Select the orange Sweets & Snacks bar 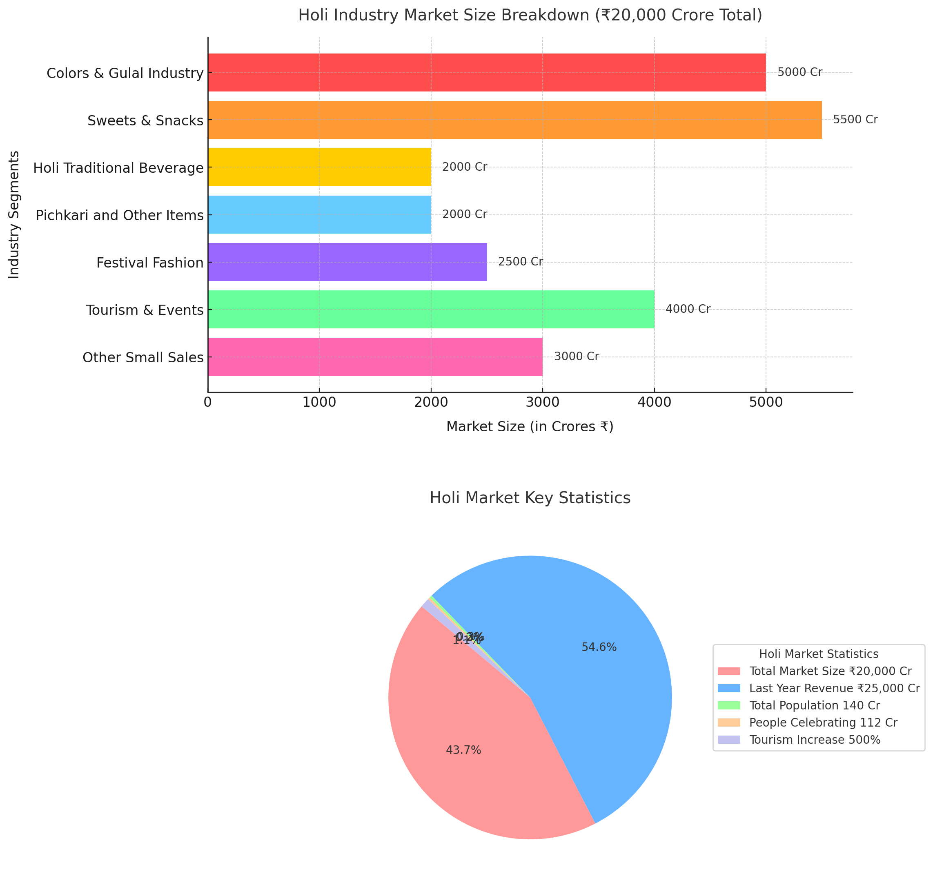[515, 120]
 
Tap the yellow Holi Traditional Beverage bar [319, 167]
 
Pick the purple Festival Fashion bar [347, 262]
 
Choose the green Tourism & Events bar [431, 309]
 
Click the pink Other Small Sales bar [375, 357]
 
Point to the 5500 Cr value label [855, 120]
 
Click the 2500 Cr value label [520, 262]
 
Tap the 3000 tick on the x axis [543, 402]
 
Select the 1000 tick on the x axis [319, 402]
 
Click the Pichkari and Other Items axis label [120, 216]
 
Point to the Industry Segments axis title [14, 215]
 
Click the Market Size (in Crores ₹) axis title [530, 427]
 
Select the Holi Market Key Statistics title [530, 498]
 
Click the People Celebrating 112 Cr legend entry [823, 722]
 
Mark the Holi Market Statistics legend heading [819, 654]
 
